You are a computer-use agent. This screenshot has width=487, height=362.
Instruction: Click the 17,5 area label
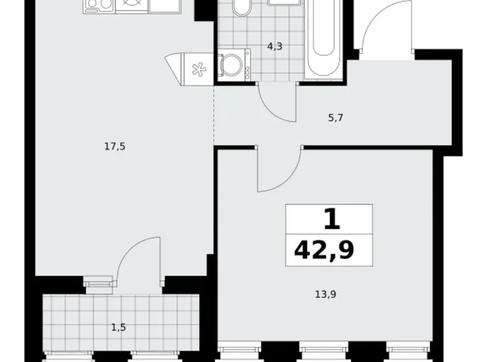tap(112, 147)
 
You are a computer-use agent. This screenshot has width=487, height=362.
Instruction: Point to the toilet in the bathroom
tap(240, 9)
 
